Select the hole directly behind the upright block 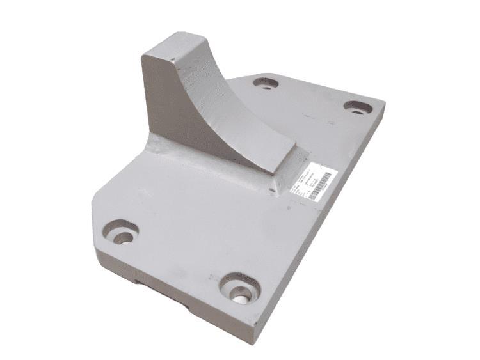click(264, 83)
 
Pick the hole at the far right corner click(356, 107)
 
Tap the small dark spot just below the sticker click(289, 206)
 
